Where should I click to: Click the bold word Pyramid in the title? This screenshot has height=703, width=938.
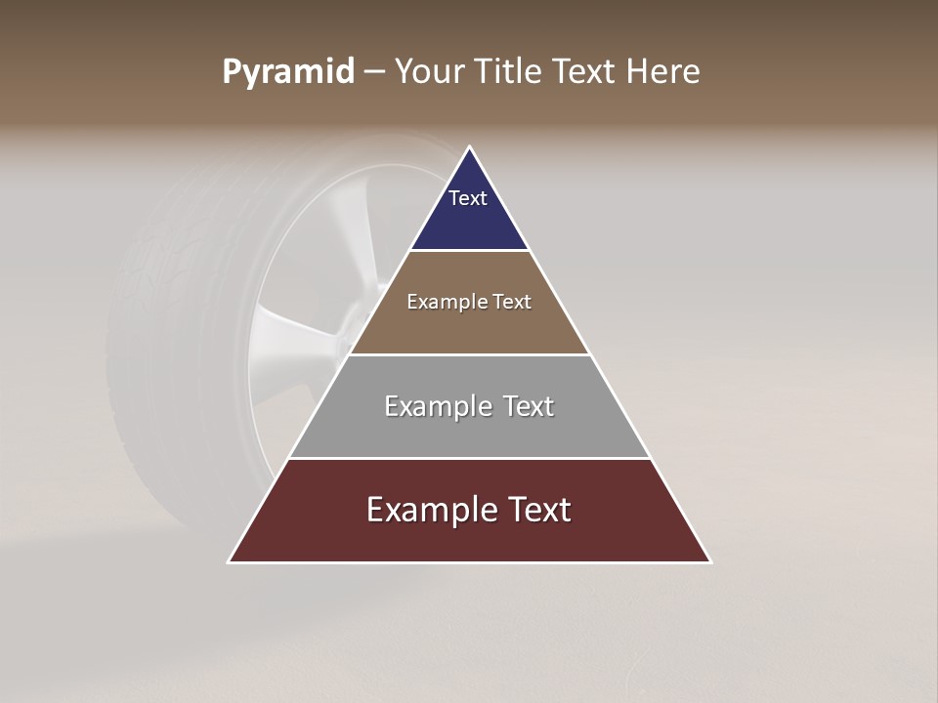(288, 72)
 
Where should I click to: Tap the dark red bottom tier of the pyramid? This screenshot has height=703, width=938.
(469, 537)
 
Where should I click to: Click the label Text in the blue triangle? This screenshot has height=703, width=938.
(468, 198)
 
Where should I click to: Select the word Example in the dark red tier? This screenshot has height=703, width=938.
(430, 510)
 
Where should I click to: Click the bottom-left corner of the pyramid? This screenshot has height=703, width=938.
(230, 561)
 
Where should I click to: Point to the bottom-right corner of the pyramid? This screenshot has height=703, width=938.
(709, 561)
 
